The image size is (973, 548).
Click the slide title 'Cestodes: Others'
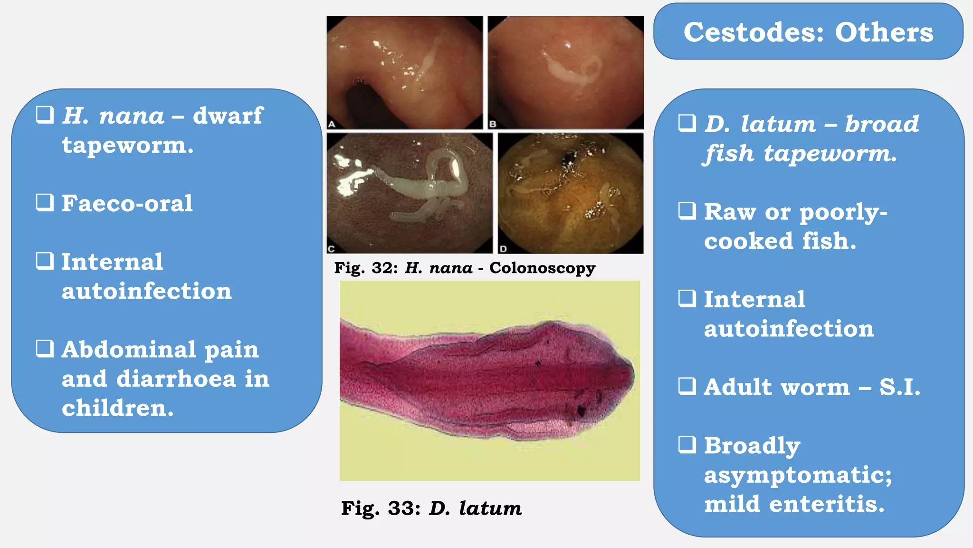(x=808, y=32)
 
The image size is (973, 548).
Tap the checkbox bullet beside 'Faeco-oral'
(x=45, y=202)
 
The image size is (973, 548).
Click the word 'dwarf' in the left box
(x=228, y=116)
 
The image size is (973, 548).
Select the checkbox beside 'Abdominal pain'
(x=45, y=348)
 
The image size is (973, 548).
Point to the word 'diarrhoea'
(x=176, y=379)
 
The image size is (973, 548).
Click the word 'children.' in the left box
(x=118, y=408)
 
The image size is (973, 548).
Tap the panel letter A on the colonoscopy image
(x=332, y=124)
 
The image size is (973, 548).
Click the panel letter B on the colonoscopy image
(x=493, y=124)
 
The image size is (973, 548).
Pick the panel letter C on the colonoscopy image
(x=332, y=248)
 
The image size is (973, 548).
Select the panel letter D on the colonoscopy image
(x=503, y=248)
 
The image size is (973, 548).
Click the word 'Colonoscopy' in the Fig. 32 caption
(x=542, y=268)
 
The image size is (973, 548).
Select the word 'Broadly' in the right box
(x=752, y=446)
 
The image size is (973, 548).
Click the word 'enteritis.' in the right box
(x=827, y=504)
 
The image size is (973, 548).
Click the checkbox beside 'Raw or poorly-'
(x=687, y=210)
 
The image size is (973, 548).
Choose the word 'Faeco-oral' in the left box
(x=127, y=204)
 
